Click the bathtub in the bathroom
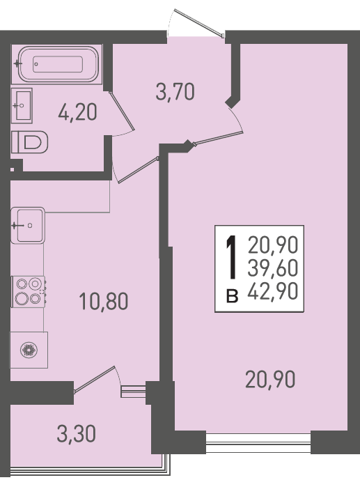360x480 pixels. tap(58, 64)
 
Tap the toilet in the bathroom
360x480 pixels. tap(30, 142)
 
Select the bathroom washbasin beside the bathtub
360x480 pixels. tap(22, 106)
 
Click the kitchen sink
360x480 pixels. tap(28, 225)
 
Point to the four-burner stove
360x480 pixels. tap(29, 291)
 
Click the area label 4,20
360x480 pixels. tap(78, 111)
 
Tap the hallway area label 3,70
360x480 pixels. tap(175, 92)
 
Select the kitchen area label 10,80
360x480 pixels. tap(103, 301)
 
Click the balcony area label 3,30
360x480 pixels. tap(76, 434)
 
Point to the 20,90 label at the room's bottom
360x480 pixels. tap(270, 379)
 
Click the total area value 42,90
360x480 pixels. tap(273, 291)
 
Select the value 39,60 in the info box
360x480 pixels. tap(273, 268)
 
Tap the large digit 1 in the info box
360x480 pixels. tap(232, 257)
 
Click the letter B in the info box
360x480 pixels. tap(232, 296)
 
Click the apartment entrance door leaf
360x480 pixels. tap(199, 23)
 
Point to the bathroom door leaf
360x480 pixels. tap(122, 111)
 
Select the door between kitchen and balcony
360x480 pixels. tap(95, 379)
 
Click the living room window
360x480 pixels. tap(258, 442)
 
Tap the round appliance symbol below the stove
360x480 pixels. tap(29, 350)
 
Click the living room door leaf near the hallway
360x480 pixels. tap(218, 138)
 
